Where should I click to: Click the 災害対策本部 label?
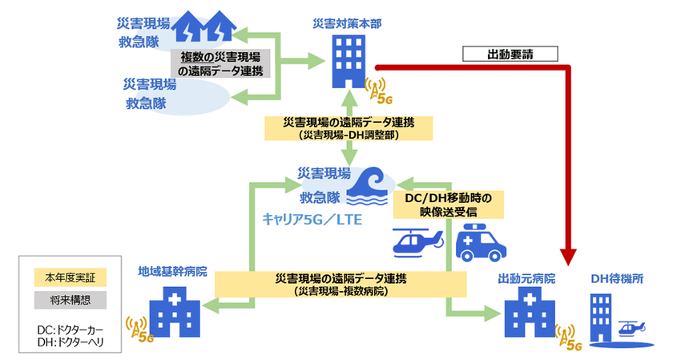[346, 25]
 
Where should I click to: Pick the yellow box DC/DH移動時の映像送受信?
[448, 204]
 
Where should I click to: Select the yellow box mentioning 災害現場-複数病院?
[340, 284]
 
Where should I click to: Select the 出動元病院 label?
[526, 278]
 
